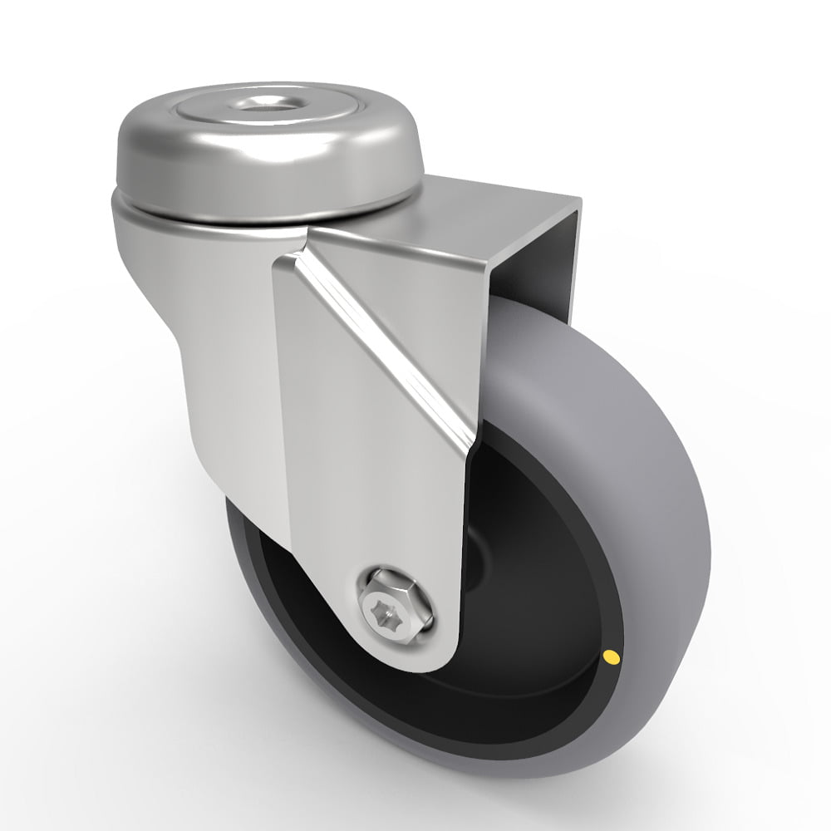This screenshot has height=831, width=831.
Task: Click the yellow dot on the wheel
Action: pos(613,659)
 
